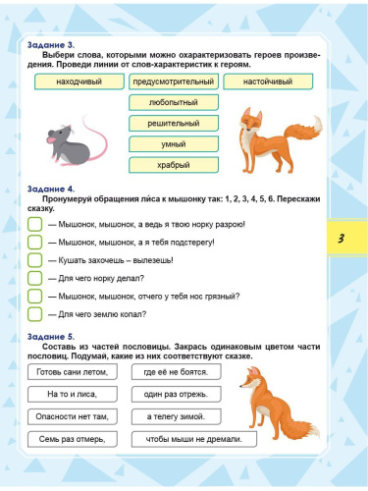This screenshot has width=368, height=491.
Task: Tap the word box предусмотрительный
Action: (173, 83)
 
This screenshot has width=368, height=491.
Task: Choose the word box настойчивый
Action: (269, 83)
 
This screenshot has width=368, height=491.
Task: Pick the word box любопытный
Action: (173, 102)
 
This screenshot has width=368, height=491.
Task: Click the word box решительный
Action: (173, 124)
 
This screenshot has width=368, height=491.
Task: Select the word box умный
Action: (173, 144)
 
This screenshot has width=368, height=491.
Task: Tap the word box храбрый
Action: (173, 165)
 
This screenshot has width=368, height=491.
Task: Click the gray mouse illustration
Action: (70, 137)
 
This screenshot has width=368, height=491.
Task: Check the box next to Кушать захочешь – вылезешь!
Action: (34, 259)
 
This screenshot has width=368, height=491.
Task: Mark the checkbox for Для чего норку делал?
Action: (34, 278)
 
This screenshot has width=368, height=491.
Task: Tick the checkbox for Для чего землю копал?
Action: (34, 314)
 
